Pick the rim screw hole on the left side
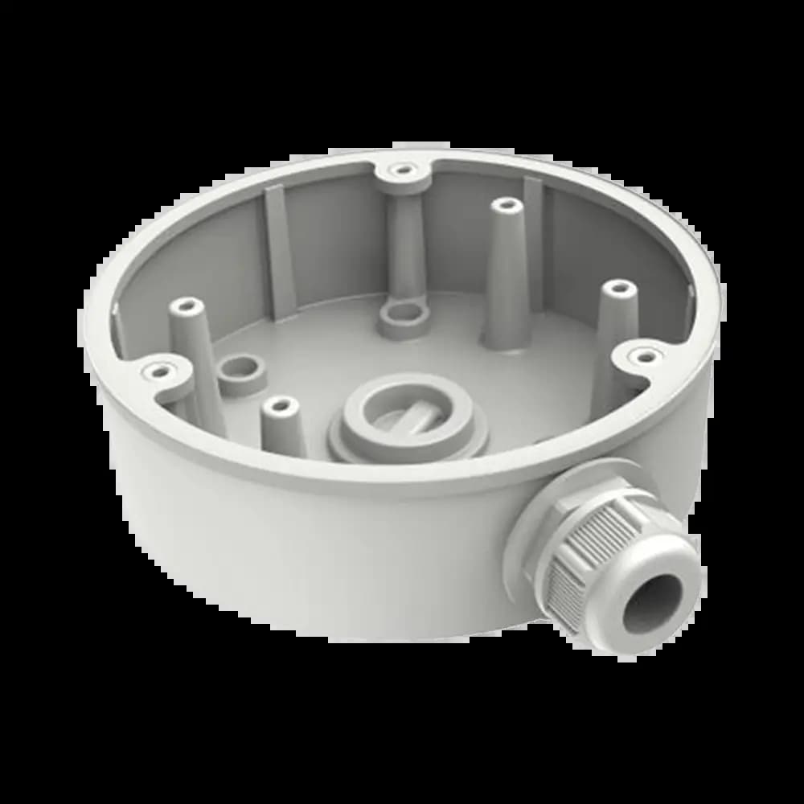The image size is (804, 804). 160,371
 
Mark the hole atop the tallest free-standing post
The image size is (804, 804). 505,206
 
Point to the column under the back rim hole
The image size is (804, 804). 404,241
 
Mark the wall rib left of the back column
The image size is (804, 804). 277,249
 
